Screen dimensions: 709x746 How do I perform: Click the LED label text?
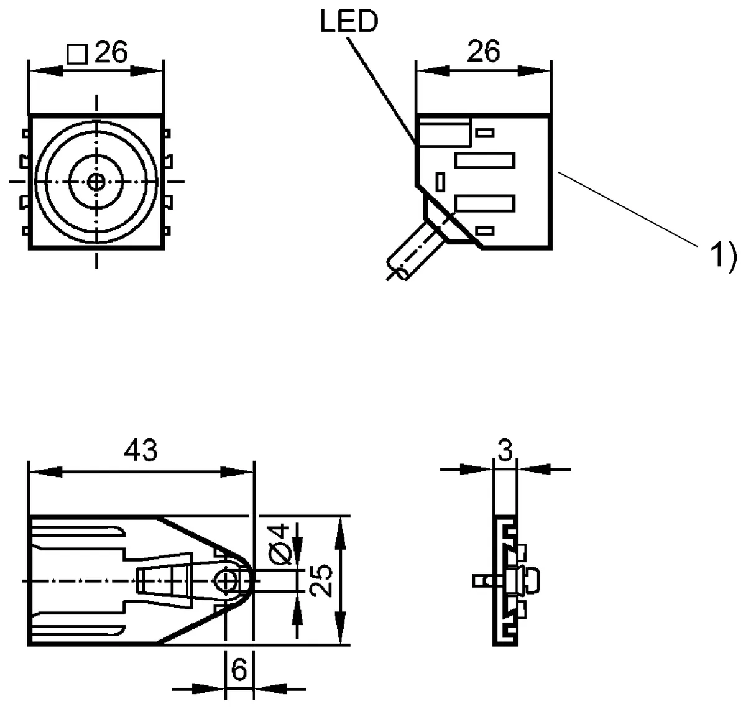pyautogui.click(x=349, y=22)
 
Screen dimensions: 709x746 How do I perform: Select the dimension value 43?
pyautogui.click(x=140, y=451)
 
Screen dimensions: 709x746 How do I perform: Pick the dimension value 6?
pyautogui.click(x=239, y=670)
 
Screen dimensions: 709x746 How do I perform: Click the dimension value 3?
pyautogui.click(x=505, y=451)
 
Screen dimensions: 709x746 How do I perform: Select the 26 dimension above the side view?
pyautogui.click(x=483, y=52)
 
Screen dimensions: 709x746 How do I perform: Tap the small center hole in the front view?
pyautogui.click(x=96, y=182)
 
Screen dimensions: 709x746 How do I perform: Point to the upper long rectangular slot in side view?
pyautogui.click(x=485, y=160)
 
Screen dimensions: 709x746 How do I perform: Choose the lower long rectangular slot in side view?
pyautogui.click(x=485, y=203)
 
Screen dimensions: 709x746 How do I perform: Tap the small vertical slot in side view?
pyautogui.click(x=441, y=182)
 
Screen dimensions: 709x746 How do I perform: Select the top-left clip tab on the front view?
pyautogui.click(x=25, y=133)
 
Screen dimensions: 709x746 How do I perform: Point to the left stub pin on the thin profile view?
pyautogui.click(x=481, y=580)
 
